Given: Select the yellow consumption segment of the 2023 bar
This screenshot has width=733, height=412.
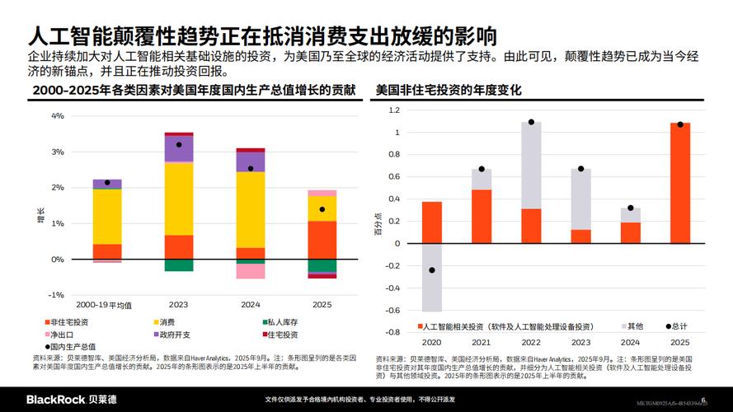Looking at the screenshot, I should point(179,199).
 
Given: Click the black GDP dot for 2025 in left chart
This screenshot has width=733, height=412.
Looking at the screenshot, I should point(322,208).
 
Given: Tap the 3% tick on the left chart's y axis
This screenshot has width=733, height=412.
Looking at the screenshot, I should point(58,152).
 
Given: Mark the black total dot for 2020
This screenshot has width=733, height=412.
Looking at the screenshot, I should point(432,270).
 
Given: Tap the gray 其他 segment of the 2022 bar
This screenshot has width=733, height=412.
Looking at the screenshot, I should point(531,165).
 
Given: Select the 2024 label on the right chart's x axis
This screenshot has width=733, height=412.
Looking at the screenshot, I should point(630,342).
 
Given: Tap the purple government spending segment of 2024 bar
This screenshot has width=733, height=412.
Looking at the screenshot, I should point(251,162).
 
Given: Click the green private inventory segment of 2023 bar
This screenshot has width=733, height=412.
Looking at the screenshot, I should point(179,265).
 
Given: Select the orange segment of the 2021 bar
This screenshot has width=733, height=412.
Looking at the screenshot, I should point(482,217).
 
